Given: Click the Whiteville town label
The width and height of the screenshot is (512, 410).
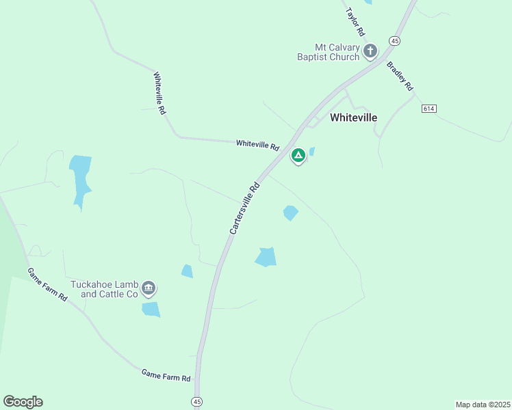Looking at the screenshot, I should point(353,118).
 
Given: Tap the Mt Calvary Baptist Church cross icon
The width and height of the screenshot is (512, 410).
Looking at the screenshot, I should point(370,51).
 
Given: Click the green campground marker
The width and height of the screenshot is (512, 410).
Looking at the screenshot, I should point(298,155).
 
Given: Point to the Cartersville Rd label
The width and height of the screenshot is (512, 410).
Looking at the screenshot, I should point(245,208).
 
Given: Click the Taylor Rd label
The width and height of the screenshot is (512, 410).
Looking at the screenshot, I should point(356,22).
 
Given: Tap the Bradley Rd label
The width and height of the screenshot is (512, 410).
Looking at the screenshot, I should point(400,77).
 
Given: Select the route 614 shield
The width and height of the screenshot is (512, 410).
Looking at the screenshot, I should point(429,109).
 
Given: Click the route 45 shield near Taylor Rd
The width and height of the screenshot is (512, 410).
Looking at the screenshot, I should point(395,41).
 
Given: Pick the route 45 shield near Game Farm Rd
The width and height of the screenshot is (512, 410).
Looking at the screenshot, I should point(197,401).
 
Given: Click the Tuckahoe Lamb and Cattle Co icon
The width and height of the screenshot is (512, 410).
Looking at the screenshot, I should point(149,290).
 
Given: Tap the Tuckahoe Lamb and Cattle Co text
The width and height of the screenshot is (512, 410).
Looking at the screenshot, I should point(104,290).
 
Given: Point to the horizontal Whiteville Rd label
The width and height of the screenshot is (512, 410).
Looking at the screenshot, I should point(258,146).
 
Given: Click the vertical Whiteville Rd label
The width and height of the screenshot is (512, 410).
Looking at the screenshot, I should point(159,93).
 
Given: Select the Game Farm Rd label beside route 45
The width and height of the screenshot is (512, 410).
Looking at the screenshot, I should point(166,375).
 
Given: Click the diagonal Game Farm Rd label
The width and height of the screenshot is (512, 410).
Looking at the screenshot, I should point(48,284).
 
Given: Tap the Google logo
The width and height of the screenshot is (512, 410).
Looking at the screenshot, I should point(23,401).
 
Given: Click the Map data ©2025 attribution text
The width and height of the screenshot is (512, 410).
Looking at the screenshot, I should point(483,405).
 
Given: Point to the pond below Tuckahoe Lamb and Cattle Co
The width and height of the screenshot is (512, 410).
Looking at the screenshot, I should point(151,310).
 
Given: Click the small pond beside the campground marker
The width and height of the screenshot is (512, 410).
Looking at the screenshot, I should point(312,152).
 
